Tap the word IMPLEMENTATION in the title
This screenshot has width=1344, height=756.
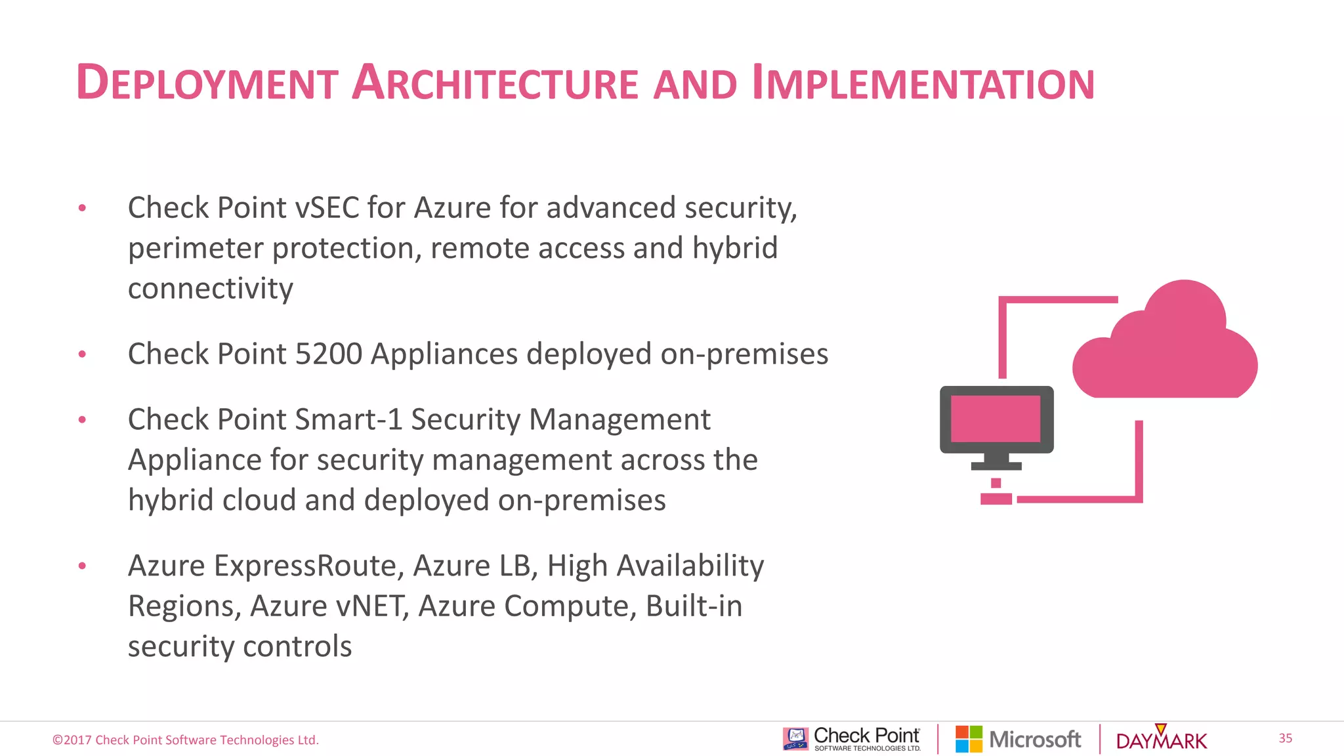tap(923, 83)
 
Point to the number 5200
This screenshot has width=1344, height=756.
tap(329, 354)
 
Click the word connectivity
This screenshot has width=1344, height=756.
tap(210, 289)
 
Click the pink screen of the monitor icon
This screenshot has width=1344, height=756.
tap(996, 419)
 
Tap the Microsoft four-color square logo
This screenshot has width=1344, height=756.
tap(969, 739)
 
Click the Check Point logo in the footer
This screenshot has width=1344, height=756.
tap(852, 739)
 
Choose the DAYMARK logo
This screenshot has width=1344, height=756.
tap(1162, 740)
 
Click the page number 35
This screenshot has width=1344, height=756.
tap(1285, 738)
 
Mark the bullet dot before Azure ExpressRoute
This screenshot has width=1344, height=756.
tap(82, 566)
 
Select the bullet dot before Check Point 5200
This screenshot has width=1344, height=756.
tap(82, 354)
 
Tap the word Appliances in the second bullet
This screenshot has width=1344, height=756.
tap(444, 354)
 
